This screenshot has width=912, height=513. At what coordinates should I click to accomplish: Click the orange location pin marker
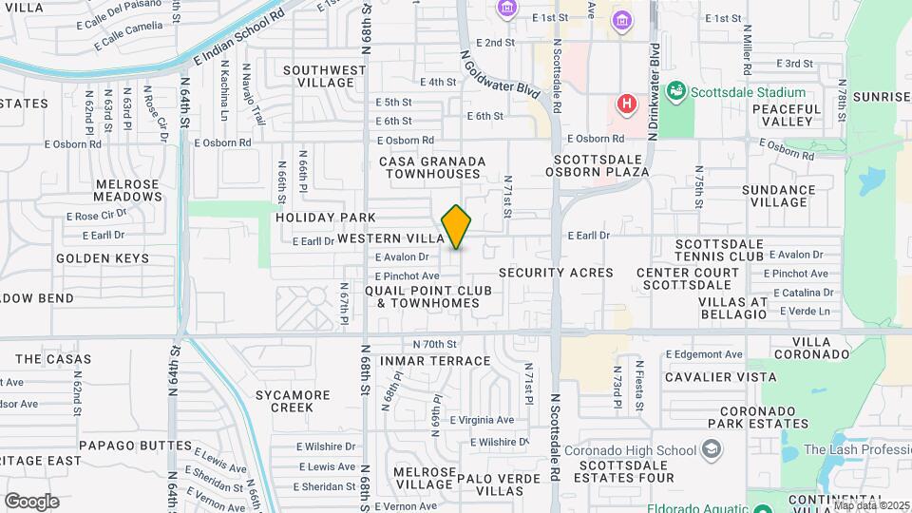pos(456,227)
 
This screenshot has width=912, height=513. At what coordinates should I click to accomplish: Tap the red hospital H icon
pos(626,103)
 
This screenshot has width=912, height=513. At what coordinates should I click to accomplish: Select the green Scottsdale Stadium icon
pos(676,92)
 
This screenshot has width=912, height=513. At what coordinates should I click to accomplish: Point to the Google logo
pos(31,502)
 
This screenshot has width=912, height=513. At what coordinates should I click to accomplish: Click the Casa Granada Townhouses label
pos(432,168)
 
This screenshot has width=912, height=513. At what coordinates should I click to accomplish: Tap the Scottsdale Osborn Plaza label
pos(598,166)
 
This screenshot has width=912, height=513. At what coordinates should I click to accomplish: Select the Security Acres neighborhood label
pos(556,273)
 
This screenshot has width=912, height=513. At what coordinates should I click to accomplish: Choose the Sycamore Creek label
pos(293,401)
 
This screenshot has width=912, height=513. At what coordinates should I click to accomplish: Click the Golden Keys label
pos(103,258)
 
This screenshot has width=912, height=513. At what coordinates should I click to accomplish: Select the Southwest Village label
pos(324,76)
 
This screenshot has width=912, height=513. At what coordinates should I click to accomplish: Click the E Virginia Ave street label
pos(482,420)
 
